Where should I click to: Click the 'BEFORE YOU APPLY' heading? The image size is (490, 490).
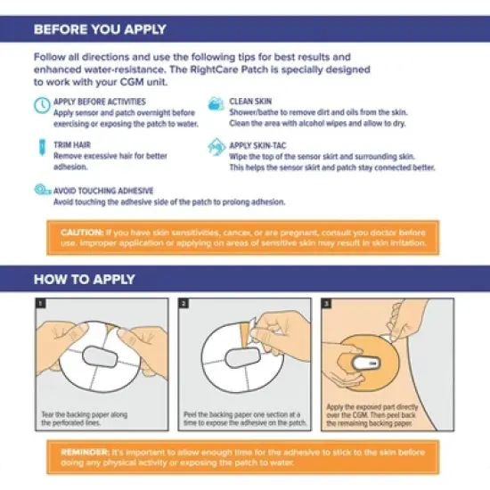(100, 29)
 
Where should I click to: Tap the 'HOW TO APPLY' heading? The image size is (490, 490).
(86, 279)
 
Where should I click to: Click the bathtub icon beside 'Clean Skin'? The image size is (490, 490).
(215, 105)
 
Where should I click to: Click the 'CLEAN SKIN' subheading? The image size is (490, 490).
(253, 101)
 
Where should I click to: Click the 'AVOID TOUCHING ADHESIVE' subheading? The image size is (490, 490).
(103, 189)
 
